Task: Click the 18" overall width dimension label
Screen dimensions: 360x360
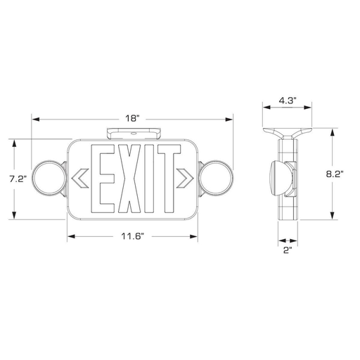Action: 132,119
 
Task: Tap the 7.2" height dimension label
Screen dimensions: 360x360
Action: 18,179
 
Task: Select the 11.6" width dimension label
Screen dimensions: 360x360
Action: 132,236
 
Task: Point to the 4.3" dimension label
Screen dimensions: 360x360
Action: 288,101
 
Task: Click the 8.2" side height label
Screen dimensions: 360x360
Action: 335,174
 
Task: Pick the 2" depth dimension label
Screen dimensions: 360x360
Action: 288,250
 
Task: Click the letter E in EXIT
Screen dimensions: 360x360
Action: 103,179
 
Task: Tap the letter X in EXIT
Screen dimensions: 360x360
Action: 129,179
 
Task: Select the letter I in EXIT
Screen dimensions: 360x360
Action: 149,179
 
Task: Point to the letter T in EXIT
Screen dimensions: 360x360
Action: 169,179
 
